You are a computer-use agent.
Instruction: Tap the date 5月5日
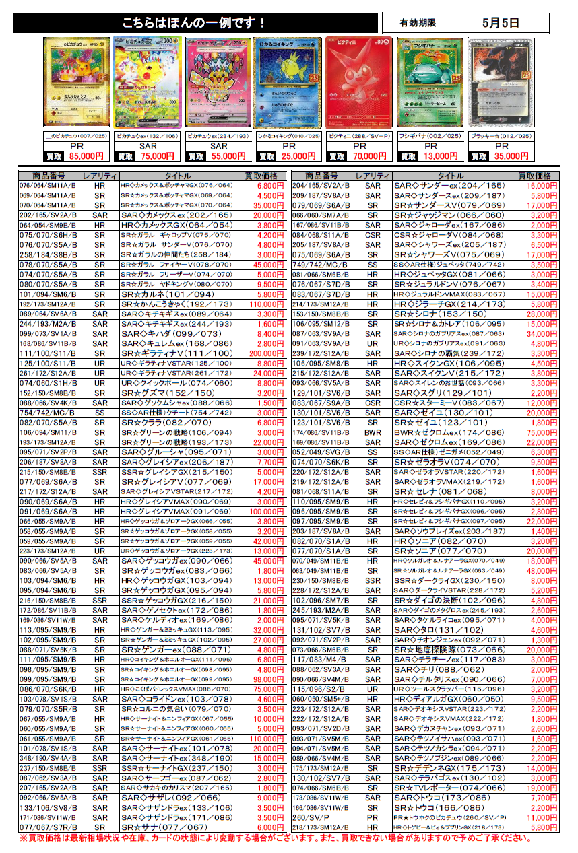[501, 22]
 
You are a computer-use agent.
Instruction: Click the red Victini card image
[359, 82]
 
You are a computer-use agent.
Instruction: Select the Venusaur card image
[429, 82]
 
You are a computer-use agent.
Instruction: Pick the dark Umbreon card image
[501, 82]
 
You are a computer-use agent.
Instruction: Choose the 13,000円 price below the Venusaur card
[441, 156]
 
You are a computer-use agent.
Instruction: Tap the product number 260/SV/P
[311, 817]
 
